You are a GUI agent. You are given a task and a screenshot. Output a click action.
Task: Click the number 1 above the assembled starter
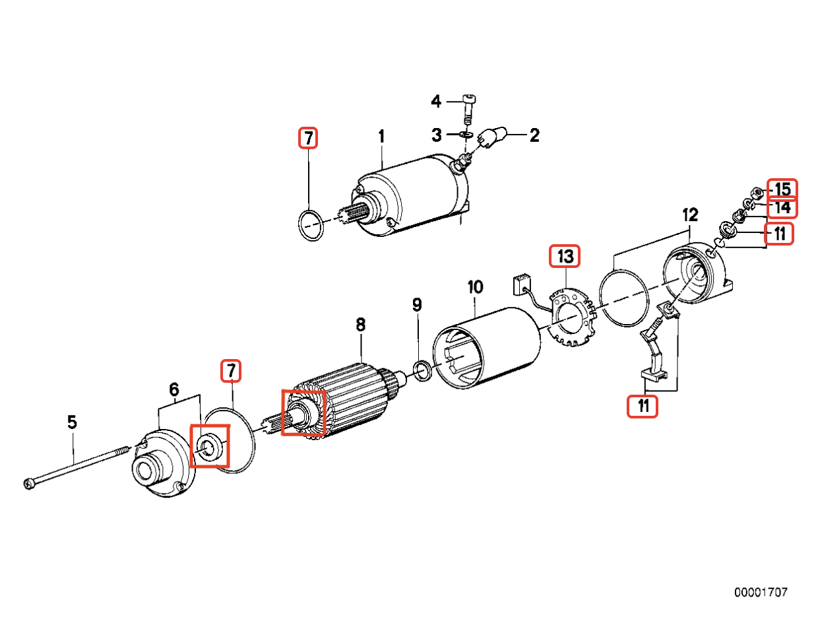point(381,137)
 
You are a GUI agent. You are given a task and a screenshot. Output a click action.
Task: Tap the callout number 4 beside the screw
point(436,102)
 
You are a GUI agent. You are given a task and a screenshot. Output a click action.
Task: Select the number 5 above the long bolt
point(72,421)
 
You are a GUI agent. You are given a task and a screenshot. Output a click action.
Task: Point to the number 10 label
point(475,287)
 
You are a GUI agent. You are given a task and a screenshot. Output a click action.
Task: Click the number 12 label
point(689,214)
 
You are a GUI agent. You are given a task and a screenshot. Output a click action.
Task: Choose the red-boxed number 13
point(566,257)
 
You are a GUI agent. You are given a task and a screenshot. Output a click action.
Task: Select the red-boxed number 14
point(782,208)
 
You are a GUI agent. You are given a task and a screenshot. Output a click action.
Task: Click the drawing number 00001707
point(761,593)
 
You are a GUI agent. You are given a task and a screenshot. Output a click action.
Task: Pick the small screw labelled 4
point(468,109)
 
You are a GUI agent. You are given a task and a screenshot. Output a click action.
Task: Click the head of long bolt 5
point(28,485)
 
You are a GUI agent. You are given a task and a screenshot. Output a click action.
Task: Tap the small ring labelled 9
point(422,372)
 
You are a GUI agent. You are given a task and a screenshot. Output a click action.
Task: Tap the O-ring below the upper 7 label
point(309,226)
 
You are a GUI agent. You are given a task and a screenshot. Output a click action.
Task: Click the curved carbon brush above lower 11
point(655,353)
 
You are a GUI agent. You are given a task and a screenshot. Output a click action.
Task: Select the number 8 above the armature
point(360,325)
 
